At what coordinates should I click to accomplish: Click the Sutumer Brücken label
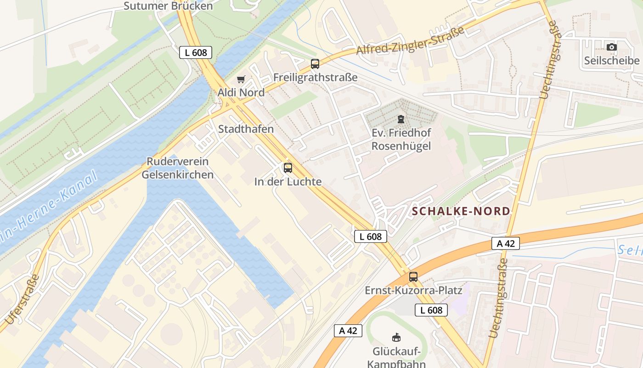(169, 6)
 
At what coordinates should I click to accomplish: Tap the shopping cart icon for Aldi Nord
(241, 80)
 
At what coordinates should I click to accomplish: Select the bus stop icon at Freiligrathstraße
(315, 64)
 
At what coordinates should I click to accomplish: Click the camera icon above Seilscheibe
(611, 47)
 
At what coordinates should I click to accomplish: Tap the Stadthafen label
(246, 129)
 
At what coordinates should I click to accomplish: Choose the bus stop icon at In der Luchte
(288, 168)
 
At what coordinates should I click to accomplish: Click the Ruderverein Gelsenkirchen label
(177, 168)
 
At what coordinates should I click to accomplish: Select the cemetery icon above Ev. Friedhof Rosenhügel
(401, 120)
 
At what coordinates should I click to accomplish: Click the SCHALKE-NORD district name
(461, 211)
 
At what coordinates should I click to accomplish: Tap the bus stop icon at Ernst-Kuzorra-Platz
(413, 277)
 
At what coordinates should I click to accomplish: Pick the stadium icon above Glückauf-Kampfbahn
(396, 338)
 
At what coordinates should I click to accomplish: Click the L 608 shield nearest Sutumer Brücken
(196, 53)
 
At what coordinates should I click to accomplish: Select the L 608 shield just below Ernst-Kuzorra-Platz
(431, 310)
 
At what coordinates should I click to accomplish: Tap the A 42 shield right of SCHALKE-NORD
(506, 243)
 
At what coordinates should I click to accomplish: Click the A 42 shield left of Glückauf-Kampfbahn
(348, 331)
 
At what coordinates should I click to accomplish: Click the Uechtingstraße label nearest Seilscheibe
(550, 60)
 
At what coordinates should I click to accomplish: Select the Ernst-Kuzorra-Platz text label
(413, 291)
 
